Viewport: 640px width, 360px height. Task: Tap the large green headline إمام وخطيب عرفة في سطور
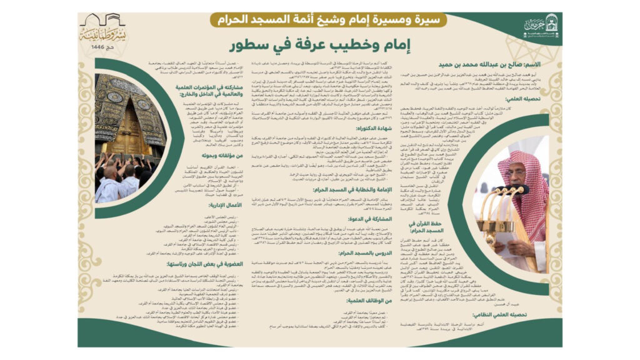pos(320,45)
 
